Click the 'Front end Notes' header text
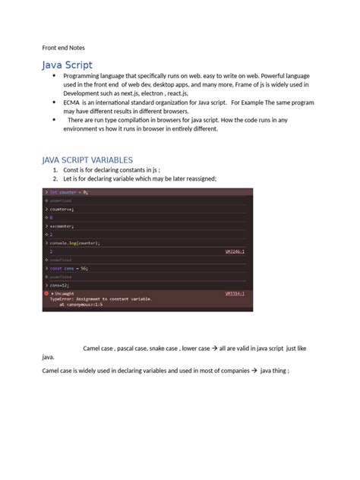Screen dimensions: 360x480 [62, 46]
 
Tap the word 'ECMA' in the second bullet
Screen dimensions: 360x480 [74, 101]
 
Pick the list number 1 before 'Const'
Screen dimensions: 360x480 [55, 170]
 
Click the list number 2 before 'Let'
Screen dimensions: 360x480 [55, 178]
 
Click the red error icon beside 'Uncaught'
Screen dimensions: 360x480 [46, 293]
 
